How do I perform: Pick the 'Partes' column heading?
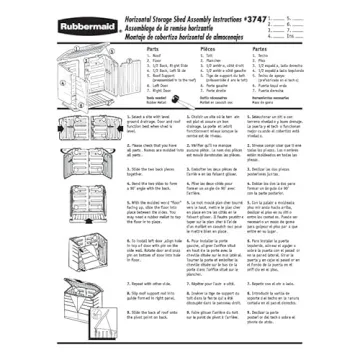coord(260,47)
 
